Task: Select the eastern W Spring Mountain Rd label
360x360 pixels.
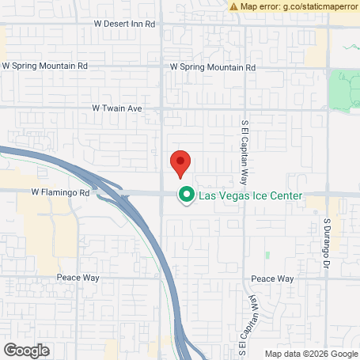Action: click(x=214, y=67)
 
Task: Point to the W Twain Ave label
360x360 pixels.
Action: click(x=116, y=107)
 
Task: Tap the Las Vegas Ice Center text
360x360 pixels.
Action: click(x=250, y=194)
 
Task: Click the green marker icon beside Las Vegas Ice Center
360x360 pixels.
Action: click(x=187, y=194)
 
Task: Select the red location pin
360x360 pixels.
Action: click(x=180, y=163)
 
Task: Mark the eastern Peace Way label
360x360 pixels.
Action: click(x=272, y=279)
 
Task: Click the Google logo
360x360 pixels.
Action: click(x=26, y=350)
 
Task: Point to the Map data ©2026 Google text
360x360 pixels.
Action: click(x=310, y=354)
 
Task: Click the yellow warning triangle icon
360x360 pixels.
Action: click(x=233, y=6)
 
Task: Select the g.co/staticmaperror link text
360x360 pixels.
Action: click(x=315, y=6)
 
